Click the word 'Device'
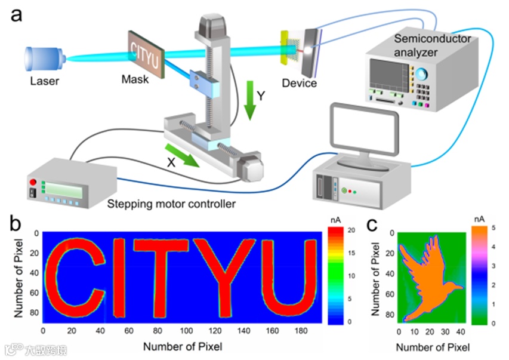pos(299,84)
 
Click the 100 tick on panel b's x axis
pos(187,330)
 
